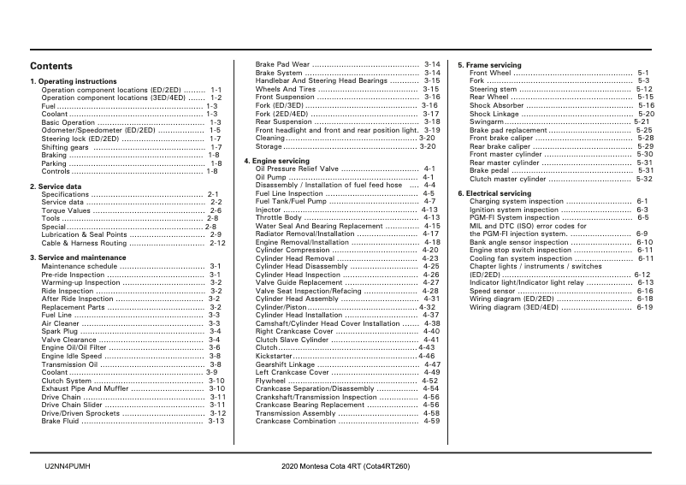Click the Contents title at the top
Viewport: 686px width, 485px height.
point(51,67)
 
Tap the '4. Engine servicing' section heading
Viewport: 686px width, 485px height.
point(276,162)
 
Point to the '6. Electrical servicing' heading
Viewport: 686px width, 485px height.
point(494,193)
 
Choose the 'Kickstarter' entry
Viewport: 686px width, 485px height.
point(275,357)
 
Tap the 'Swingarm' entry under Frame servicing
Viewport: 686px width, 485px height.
point(487,121)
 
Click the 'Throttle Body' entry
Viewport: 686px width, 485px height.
point(279,217)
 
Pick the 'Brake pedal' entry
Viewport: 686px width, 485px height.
point(490,170)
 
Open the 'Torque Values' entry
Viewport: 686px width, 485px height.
point(66,210)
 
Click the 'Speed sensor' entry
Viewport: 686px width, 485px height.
point(492,291)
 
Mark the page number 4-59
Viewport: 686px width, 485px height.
point(431,421)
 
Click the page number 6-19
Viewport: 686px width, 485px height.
point(644,307)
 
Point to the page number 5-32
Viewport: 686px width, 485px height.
point(644,179)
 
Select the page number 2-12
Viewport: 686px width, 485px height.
point(217,243)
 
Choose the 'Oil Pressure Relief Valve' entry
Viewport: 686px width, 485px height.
point(298,169)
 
